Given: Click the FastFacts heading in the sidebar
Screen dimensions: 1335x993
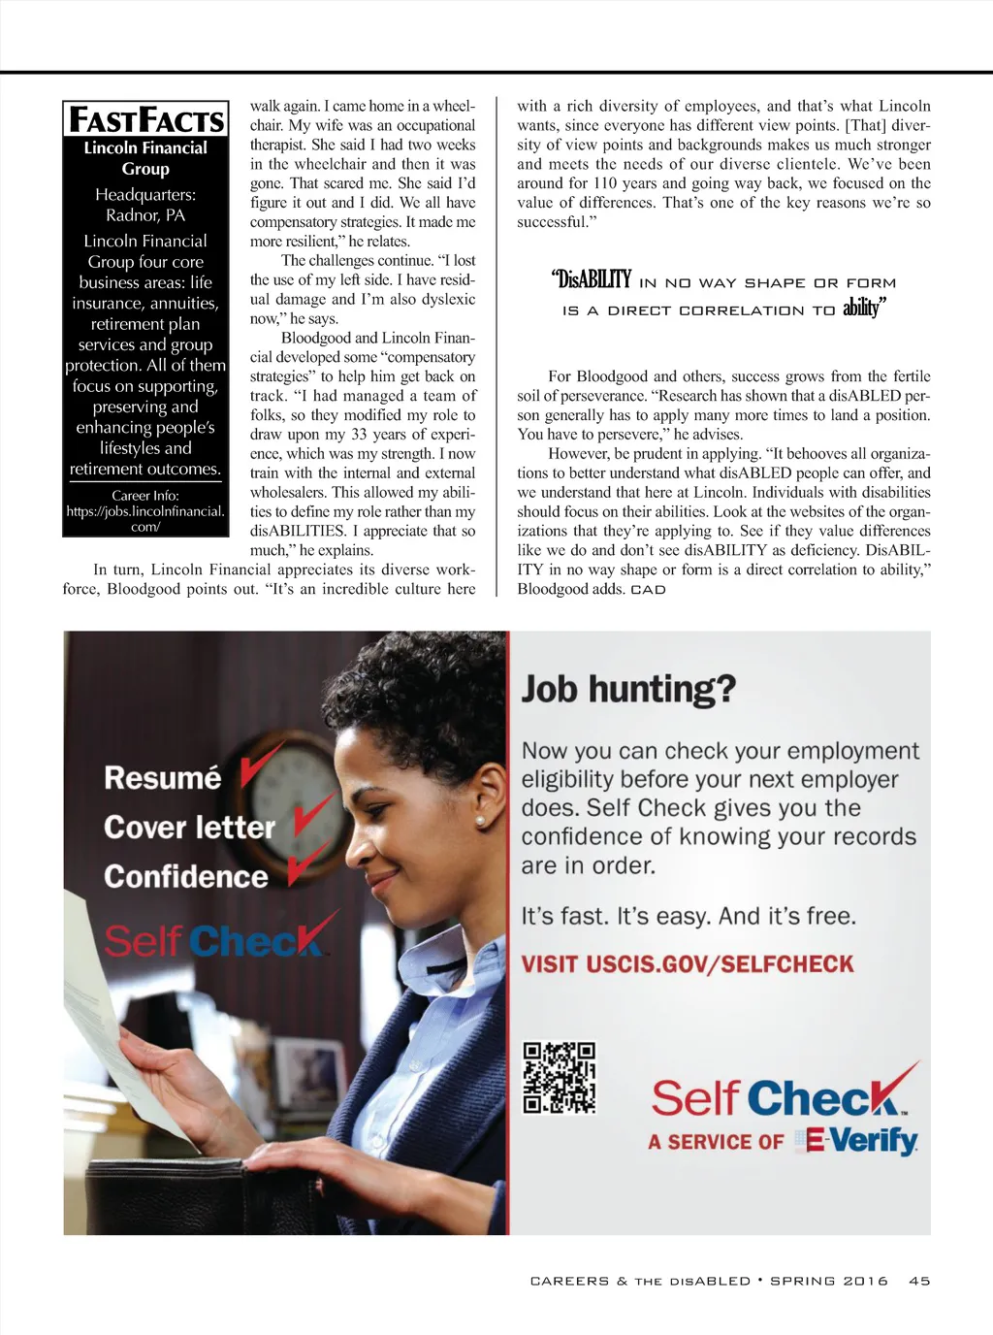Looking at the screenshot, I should (145, 120).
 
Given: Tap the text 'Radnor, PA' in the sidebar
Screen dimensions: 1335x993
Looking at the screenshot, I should (145, 215).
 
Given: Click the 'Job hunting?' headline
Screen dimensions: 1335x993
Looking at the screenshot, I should (628, 690).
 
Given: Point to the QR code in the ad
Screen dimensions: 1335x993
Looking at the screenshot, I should (560, 1078).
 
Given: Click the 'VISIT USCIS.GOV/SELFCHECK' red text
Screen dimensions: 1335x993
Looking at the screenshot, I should (688, 964).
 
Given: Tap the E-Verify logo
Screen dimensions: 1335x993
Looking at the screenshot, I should (856, 1141).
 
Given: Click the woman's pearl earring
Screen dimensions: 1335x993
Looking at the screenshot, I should (479, 821).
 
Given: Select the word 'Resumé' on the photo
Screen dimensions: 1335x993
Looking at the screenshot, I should (163, 778).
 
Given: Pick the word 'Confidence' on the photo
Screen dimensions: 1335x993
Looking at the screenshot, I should (186, 877).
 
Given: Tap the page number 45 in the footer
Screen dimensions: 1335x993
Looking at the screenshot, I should (919, 1281).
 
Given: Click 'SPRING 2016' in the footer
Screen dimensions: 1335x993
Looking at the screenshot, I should (829, 1281).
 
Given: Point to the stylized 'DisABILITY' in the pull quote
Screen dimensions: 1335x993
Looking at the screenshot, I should (593, 280).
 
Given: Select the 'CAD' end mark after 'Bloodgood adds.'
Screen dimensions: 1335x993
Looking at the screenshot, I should (648, 590).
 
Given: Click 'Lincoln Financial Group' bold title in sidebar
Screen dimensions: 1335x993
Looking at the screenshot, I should (145, 158).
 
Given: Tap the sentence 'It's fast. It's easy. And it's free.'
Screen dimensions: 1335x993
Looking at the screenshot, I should (689, 917).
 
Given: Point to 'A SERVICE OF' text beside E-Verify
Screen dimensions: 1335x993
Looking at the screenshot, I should (716, 1142).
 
